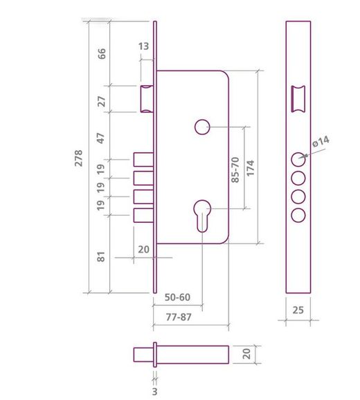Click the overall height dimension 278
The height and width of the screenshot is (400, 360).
78,157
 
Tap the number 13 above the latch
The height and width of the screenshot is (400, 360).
143,46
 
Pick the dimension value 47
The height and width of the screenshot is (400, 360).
101,136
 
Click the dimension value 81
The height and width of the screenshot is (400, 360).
101,257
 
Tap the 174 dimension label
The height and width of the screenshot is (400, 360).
251,168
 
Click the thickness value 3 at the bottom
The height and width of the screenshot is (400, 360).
154,391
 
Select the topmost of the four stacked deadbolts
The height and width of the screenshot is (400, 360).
142,160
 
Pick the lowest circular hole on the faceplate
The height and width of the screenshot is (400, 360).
298,215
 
